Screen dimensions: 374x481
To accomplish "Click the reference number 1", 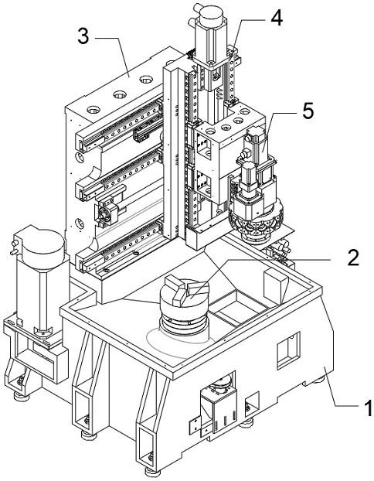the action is pos(368,407).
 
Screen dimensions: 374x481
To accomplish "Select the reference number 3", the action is pos(83,36).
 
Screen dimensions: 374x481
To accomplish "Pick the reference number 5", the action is pos(308,111).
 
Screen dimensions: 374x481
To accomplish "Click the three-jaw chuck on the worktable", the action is pos(184,307).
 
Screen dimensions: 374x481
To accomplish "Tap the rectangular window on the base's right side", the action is pos(288,350).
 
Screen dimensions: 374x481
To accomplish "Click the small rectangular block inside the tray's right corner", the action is pos(276,285).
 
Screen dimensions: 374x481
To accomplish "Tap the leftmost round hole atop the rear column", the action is pos(93,110).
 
